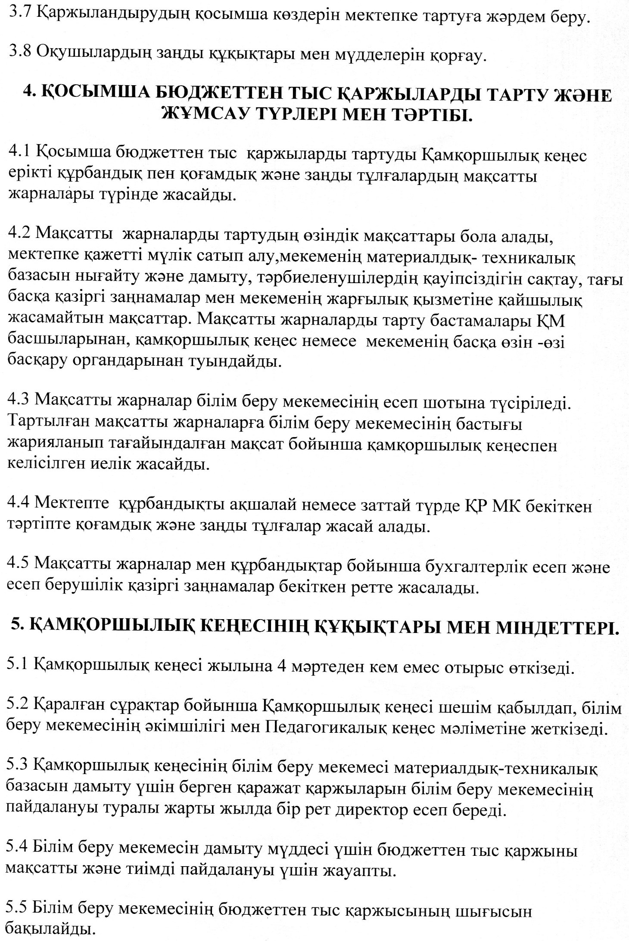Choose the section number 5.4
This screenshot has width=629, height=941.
19,851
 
